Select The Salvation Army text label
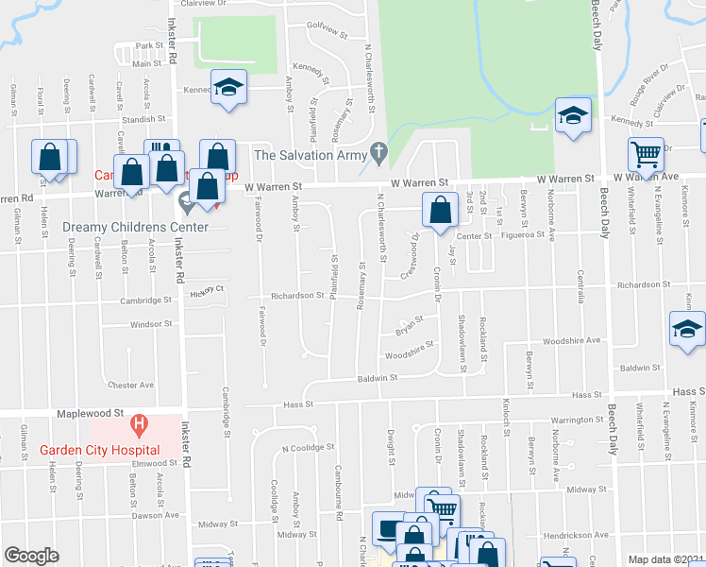[x=309, y=155]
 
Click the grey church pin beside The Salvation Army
[x=378, y=151]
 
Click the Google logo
[x=31, y=556]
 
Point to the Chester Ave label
[x=130, y=385]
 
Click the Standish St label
[x=143, y=120]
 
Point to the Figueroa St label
[x=523, y=235]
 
